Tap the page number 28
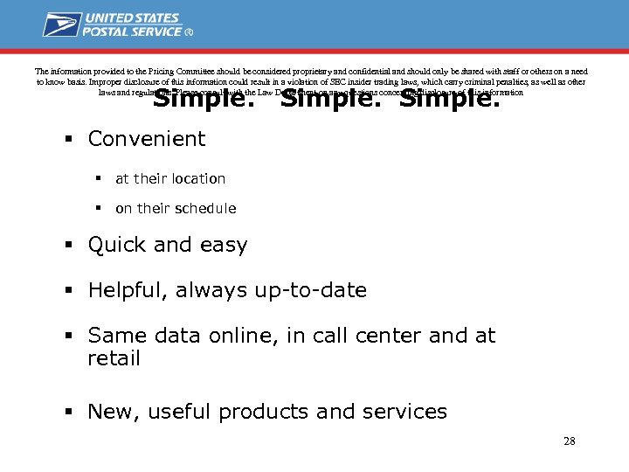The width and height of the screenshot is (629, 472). (569, 441)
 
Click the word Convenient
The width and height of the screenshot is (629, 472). (147, 139)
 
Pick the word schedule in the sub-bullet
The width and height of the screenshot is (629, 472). (206, 208)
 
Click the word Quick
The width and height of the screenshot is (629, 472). (117, 246)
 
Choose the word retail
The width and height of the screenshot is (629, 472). (114, 359)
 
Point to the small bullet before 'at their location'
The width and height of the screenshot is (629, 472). (100, 178)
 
